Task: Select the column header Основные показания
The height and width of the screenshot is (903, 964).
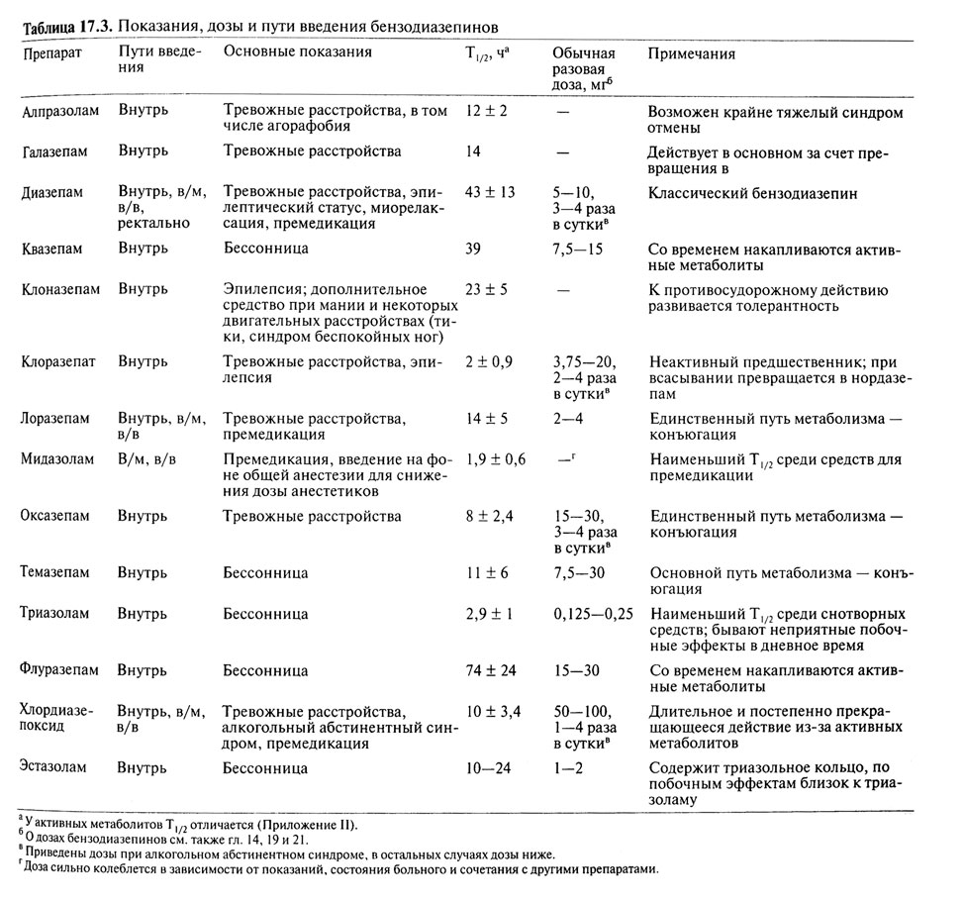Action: click(x=298, y=52)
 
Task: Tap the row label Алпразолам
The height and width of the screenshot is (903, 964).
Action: click(x=60, y=112)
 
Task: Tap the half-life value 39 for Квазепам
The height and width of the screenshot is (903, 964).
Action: click(x=475, y=251)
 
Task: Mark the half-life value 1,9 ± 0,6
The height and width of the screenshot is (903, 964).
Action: click(x=495, y=458)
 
